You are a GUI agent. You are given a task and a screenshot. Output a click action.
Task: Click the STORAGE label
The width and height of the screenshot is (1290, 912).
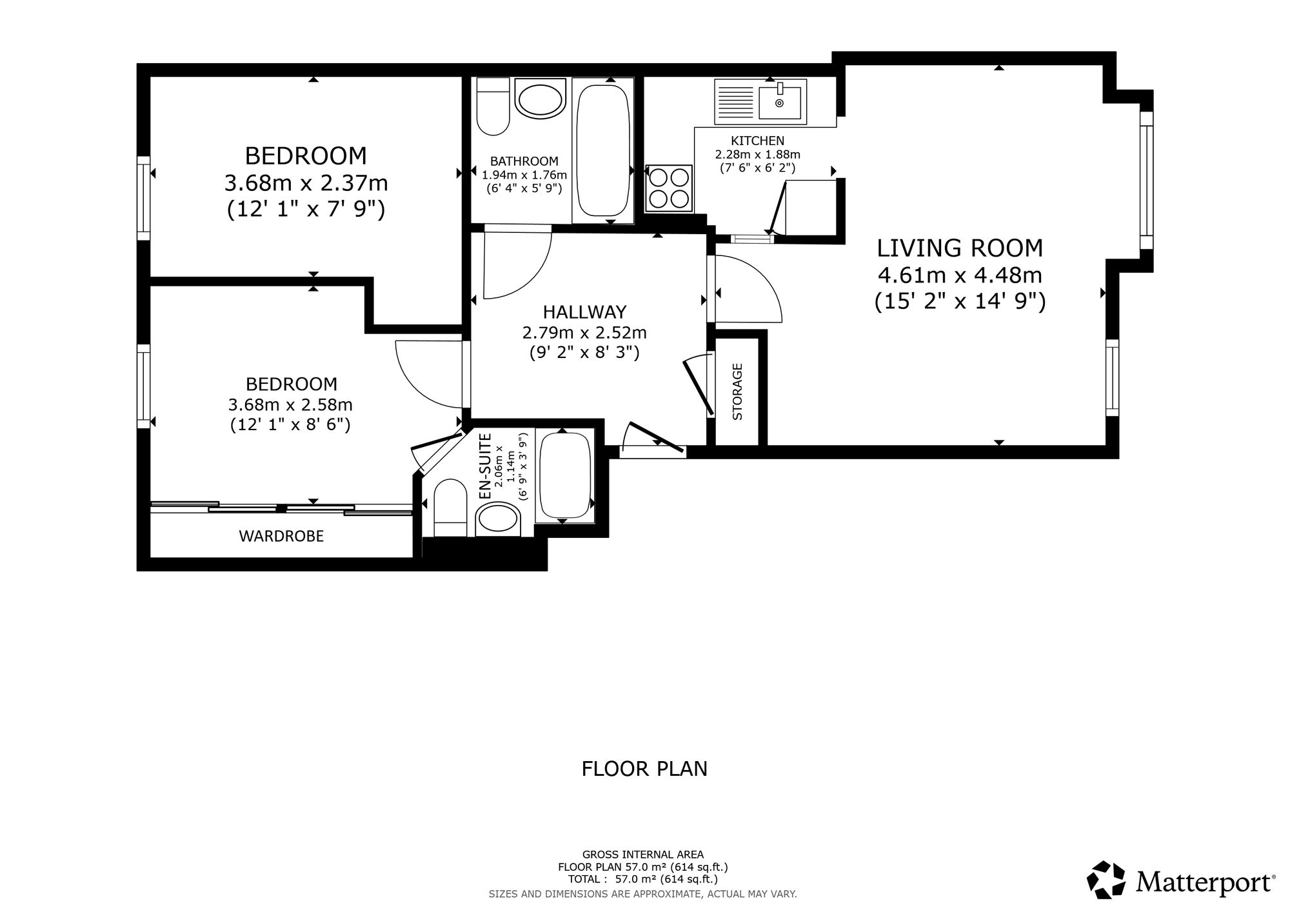tap(737, 392)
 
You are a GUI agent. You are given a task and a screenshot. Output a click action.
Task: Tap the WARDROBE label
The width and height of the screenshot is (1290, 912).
tap(281, 536)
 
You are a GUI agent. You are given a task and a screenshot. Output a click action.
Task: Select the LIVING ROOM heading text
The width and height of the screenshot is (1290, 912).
tap(960, 248)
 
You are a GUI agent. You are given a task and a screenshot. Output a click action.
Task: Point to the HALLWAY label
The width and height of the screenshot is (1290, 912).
tap(584, 312)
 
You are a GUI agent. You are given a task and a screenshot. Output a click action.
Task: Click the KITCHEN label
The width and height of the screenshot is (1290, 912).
tap(757, 141)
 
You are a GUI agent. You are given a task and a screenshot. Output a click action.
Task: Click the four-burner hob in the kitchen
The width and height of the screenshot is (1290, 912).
tap(669, 188)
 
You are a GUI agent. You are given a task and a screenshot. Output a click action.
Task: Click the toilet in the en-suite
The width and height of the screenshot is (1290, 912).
tap(450, 507)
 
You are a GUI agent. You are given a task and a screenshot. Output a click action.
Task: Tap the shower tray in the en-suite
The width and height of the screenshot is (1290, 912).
tap(564, 477)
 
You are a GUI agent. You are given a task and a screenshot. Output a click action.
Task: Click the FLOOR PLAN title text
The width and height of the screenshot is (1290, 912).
tap(644, 769)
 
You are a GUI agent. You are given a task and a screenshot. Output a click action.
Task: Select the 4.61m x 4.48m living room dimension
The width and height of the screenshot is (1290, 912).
tap(960, 275)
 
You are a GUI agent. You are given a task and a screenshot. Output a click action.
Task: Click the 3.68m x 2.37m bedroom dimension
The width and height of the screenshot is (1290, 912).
tap(306, 184)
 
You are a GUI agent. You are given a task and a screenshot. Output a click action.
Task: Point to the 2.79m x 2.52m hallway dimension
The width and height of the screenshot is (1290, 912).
tap(584, 333)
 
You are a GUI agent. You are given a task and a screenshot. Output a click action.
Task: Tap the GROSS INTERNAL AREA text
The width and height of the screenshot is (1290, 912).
tap(643, 855)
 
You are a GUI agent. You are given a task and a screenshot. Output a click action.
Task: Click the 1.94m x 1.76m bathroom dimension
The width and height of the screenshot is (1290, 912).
tap(524, 175)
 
